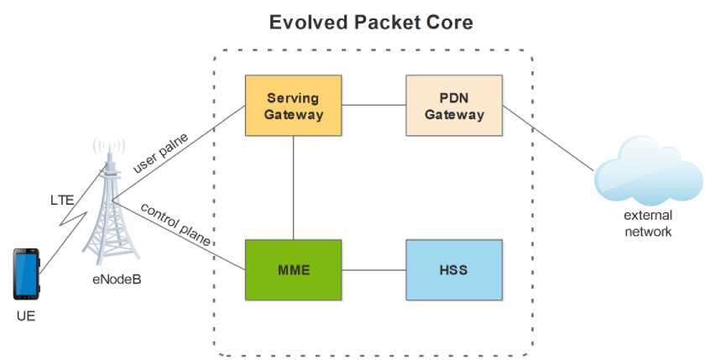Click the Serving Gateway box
click(x=293, y=105)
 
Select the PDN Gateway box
click(x=454, y=105)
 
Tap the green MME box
click(x=293, y=270)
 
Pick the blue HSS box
click(x=454, y=270)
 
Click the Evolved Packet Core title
click(x=371, y=22)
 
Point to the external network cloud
click(x=648, y=171)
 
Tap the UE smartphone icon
click(x=26, y=274)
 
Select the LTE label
click(x=62, y=200)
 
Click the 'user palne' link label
click(x=160, y=153)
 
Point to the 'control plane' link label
click(x=175, y=223)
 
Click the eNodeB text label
click(x=117, y=279)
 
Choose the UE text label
click(x=26, y=316)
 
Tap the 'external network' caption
click(x=648, y=223)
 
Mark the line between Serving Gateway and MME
click(x=293, y=188)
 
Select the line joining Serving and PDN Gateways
click(x=373, y=105)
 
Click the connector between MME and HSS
click(x=373, y=270)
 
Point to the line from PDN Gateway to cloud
click(x=549, y=138)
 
